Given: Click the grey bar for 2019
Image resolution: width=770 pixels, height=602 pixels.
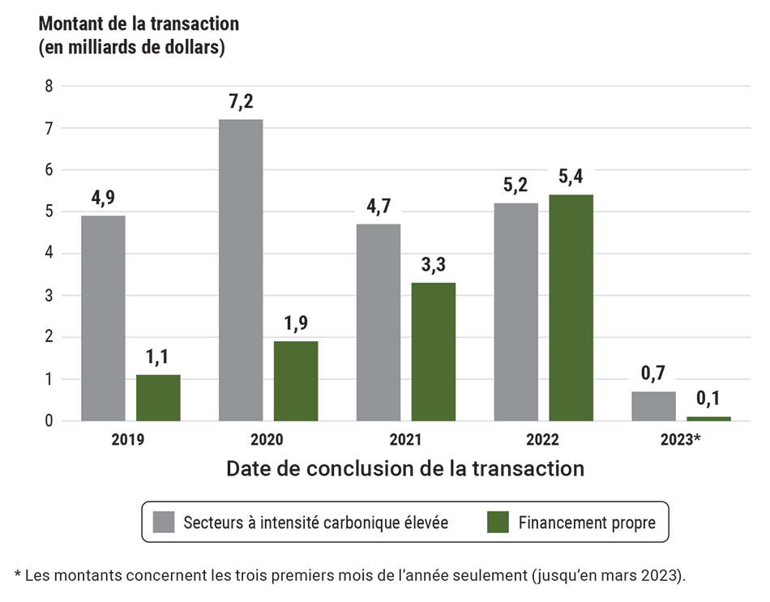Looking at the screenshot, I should coord(103,318).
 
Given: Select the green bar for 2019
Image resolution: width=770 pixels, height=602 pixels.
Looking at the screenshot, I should coord(158,397).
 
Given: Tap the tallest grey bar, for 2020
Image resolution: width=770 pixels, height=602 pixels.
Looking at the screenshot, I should coord(241,270).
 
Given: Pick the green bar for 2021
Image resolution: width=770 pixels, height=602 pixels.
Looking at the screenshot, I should coord(434,351).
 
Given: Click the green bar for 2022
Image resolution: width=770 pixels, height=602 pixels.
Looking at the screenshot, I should coord(571,307).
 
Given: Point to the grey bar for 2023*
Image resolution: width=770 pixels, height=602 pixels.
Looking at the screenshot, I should coord(653,406).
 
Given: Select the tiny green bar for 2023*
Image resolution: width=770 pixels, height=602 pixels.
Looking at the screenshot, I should coord(708,418).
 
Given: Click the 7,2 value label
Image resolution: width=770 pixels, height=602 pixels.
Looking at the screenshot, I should coord(241,102).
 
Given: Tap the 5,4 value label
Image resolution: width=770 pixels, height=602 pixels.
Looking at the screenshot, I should coord(571,177).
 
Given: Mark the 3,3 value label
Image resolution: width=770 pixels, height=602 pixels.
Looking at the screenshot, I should coord(434,265).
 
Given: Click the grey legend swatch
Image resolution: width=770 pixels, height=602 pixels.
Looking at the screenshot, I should coord(164,522).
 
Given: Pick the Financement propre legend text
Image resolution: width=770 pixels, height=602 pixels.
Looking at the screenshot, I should coord(587,522).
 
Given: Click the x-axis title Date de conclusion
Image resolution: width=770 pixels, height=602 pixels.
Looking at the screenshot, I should coord(404,468).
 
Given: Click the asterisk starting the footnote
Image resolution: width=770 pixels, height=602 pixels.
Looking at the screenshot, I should coord(18,574).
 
